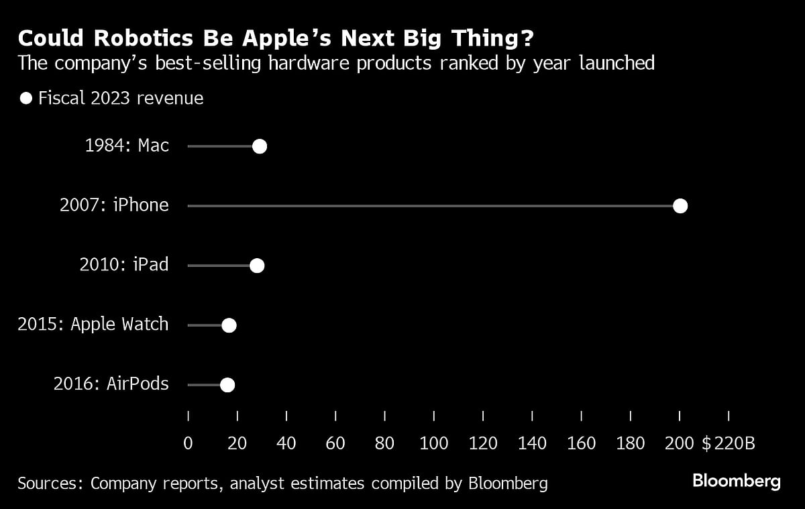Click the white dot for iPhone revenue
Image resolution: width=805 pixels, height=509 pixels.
coord(680,206)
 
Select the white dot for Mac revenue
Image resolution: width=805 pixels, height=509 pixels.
coord(259,147)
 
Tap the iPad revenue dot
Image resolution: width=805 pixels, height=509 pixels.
coord(256,266)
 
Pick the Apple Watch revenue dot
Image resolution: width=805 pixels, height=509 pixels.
coord(229,325)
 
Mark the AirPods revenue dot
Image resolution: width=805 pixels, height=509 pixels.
coord(227,385)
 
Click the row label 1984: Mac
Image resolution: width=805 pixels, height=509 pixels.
coord(127,146)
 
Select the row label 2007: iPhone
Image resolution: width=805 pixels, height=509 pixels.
coord(114,205)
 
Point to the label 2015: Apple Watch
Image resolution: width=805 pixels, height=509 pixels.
coord(93,325)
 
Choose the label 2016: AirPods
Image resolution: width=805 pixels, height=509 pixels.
coord(111,384)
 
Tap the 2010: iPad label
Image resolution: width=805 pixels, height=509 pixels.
coord(124,265)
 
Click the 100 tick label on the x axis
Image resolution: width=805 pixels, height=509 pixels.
coord(433,443)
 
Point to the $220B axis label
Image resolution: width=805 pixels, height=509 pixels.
coord(729,443)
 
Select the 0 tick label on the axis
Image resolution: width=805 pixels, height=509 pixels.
coord(188,443)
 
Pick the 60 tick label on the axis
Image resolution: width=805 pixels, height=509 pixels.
coord(335,443)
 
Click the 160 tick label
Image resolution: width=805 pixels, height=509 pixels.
coord(581,443)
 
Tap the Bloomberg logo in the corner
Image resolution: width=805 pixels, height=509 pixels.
coord(736,481)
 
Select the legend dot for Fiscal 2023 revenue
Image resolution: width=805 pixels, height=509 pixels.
coord(26,99)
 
